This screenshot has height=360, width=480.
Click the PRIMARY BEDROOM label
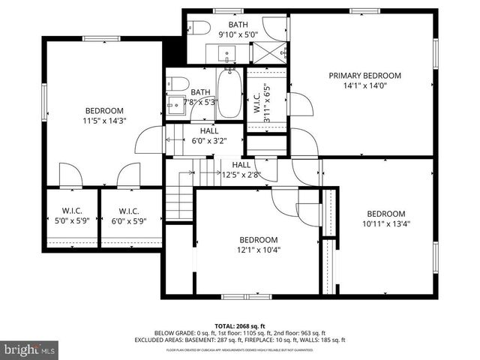pyautogui.click(x=364, y=76)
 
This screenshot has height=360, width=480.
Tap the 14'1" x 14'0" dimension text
pyautogui.click(x=364, y=85)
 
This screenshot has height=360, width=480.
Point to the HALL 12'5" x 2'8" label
pyautogui.click(x=241, y=169)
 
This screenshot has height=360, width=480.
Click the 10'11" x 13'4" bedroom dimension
pyautogui.click(x=385, y=223)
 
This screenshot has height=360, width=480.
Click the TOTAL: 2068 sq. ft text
pyautogui.click(x=240, y=326)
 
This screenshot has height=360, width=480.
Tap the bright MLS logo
pyautogui.click(x=30, y=349)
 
